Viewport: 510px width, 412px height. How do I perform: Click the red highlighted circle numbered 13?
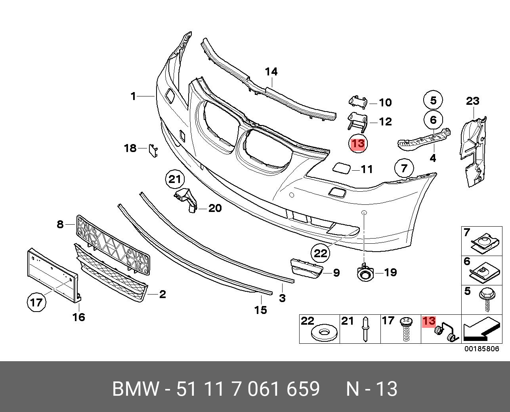tap(358, 143)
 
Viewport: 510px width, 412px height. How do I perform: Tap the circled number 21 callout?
tap(175, 180)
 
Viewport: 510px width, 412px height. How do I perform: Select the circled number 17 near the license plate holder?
tap(36, 303)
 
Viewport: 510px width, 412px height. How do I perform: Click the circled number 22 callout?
tap(321, 253)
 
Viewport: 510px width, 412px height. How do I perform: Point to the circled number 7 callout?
tap(404, 168)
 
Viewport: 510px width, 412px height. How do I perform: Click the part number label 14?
tap(271, 72)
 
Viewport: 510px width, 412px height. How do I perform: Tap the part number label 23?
tap(472, 101)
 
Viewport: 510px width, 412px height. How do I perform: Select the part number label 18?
tap(130, 148)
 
